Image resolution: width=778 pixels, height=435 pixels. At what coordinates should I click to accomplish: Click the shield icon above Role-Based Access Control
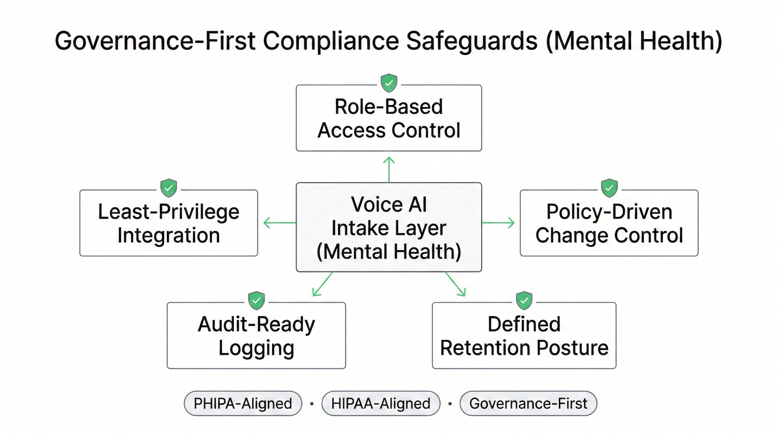pyautogui.click(x=389, y=83)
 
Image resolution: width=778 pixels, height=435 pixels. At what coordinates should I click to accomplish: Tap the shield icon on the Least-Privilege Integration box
pyautogui.click(x=168, y=188)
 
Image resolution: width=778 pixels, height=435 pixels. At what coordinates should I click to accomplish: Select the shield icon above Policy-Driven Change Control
pyautogui.click(x=609, y=188)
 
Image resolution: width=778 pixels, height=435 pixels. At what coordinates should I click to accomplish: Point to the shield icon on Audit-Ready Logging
pyautogui.click(x=256, y=301)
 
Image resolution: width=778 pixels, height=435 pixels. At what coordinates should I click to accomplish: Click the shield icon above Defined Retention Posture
pyautogui.click(x=524, y=301)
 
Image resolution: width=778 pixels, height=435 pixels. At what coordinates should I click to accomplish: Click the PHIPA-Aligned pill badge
pyautogui.click(x=243, y=403)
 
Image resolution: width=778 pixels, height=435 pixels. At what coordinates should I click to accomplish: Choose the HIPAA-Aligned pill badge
pyautogui.click(x=381, y=403)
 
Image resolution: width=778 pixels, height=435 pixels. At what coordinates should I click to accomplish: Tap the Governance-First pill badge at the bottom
pyautogui.click(x=528, y=403)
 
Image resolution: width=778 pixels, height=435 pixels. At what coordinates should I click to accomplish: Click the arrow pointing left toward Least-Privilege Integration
pyautogui.click(x=279, y=223)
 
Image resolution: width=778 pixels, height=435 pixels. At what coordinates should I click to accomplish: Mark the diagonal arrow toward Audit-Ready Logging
pyautogui.click(x=322, y=284)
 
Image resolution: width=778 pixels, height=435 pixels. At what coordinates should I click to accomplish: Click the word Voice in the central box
pyautogui.click(x=377, y=204)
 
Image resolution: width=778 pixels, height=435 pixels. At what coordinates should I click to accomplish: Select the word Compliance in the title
pyautogui.click(x=331, y=41)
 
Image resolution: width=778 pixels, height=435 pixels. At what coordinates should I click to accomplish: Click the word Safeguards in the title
pyautogui.click(x=472, y=41)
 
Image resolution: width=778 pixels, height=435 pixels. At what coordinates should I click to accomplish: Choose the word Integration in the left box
pyautogui.click(x=168, y=235)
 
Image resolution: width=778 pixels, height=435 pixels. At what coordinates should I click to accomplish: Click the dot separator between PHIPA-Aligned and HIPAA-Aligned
pyautogui.click(x=312, y=404)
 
